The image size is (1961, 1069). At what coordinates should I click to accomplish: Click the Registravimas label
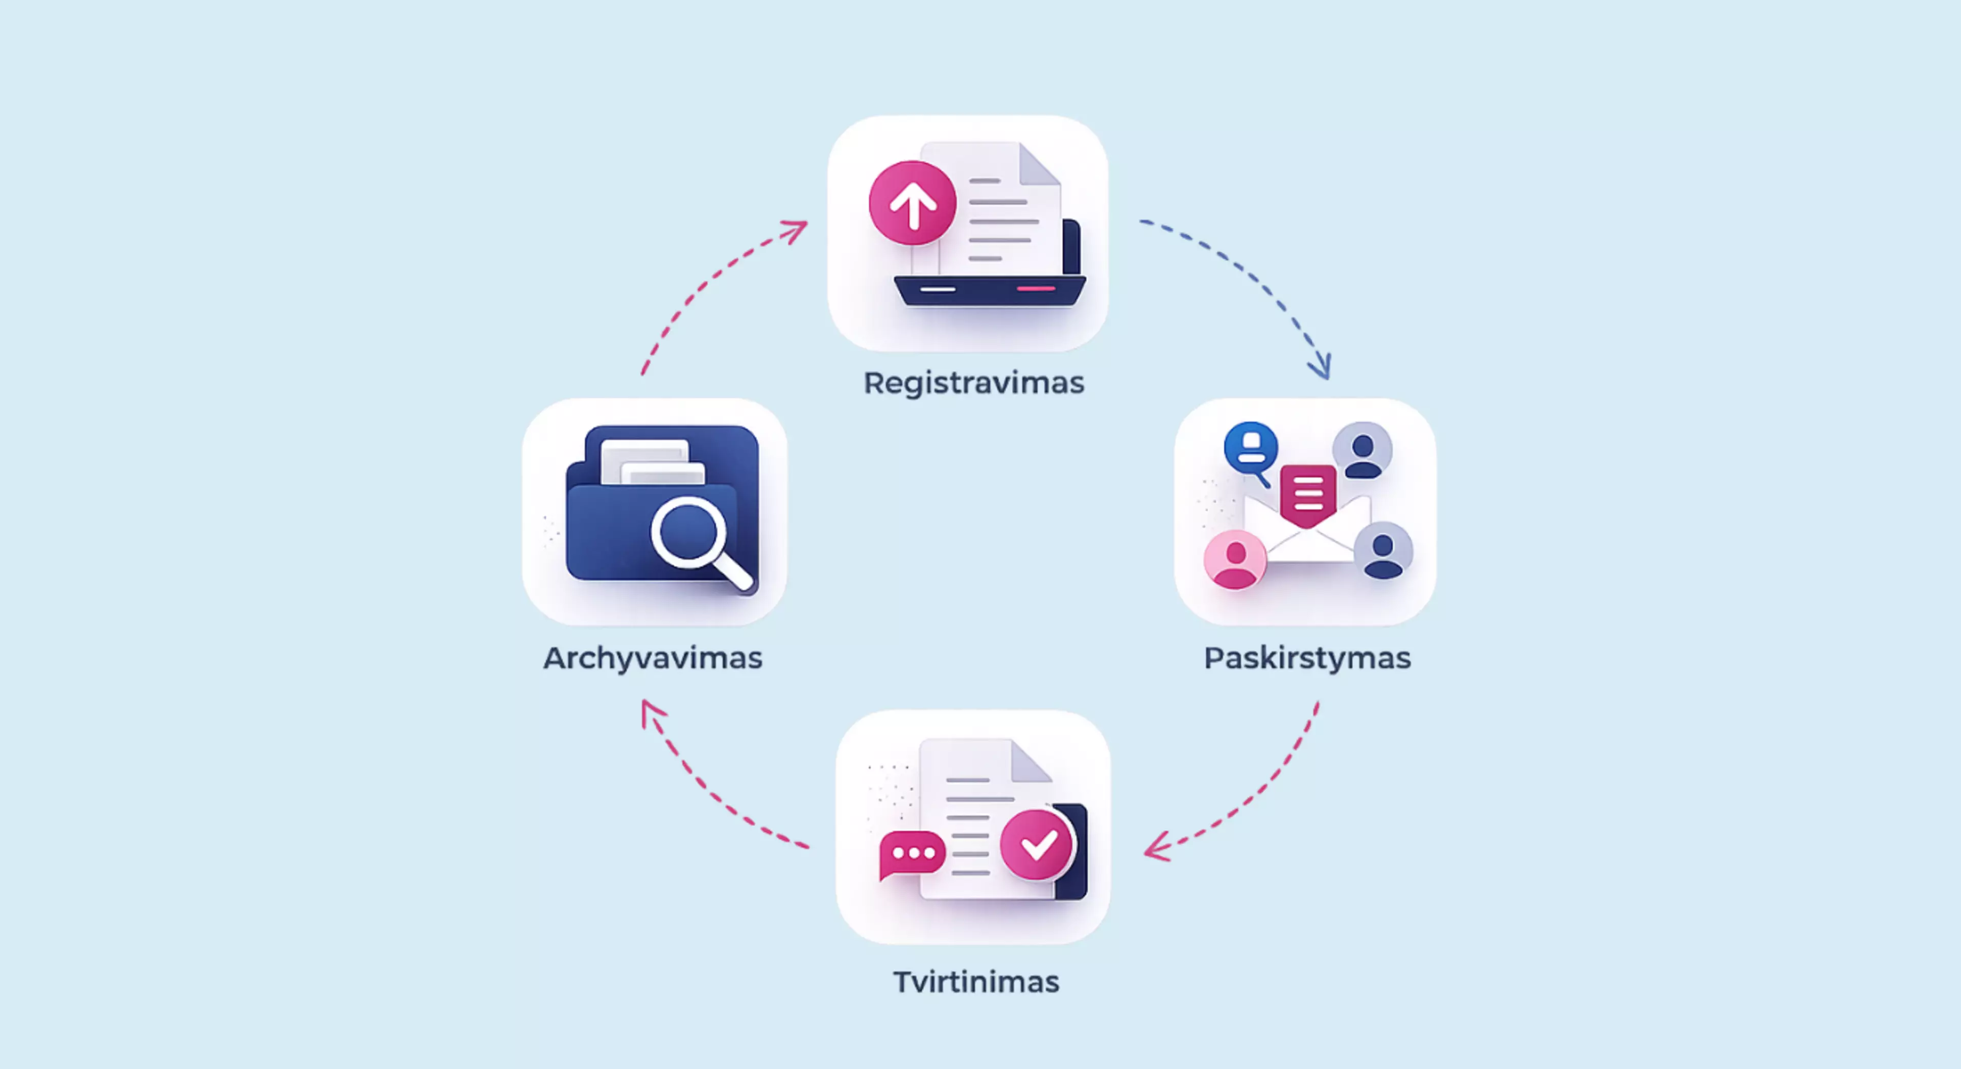pos(974,383)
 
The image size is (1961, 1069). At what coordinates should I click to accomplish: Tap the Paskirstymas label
pos(1307,658)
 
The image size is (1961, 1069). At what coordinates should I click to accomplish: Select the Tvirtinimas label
pos(976,982)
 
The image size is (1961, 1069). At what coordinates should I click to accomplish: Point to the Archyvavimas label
pos(653,658)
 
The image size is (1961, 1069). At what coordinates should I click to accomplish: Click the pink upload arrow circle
pos(912,203)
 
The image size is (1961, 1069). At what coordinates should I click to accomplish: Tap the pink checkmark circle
pos(1037,844)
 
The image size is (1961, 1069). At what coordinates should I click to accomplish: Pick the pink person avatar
pos(1235,560)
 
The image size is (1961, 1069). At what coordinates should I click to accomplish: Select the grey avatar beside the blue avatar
pos(1362,451)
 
